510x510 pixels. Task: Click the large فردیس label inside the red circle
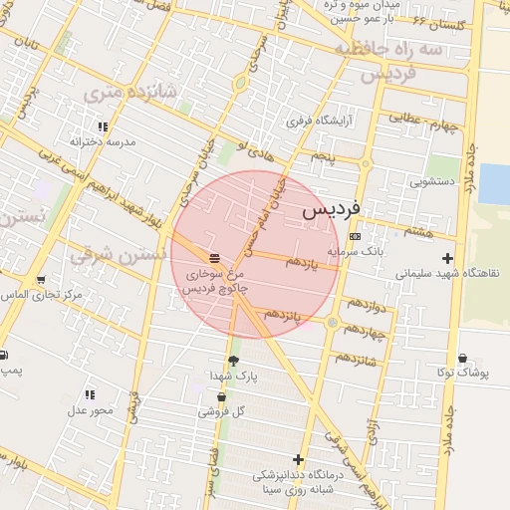pos(330,211)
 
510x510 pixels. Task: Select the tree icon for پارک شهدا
pos(234,361)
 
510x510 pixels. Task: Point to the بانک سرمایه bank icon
pos(357,236)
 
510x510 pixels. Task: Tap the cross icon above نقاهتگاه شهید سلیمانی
pos(448,258)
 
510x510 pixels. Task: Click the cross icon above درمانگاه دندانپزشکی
pos(298,459)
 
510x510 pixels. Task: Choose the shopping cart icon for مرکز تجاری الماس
pos(41,280)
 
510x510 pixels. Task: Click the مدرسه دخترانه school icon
pos(103,127)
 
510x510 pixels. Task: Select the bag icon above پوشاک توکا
pos(463,359)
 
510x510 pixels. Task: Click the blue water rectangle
pos(494,182)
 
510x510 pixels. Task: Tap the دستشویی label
pos(433,182)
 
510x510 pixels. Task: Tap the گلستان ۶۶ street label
pos(432,21)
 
